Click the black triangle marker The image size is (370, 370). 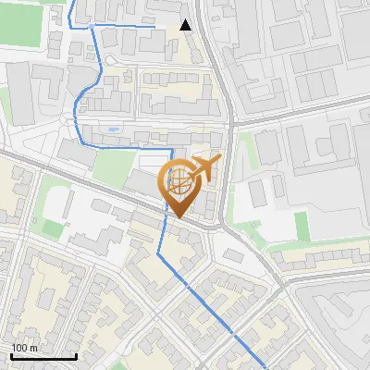click(186, 25)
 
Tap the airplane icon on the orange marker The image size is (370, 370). click(205, 167)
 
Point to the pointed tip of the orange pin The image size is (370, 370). click(179, 217)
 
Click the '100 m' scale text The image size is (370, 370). click(25, 348)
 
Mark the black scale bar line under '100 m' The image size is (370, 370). click(43, 356)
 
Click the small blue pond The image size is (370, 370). click(113, 129)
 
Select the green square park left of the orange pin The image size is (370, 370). click(113, 167)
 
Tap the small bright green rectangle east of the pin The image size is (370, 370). click(302, 225)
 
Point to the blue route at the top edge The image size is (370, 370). click(73, 2)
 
